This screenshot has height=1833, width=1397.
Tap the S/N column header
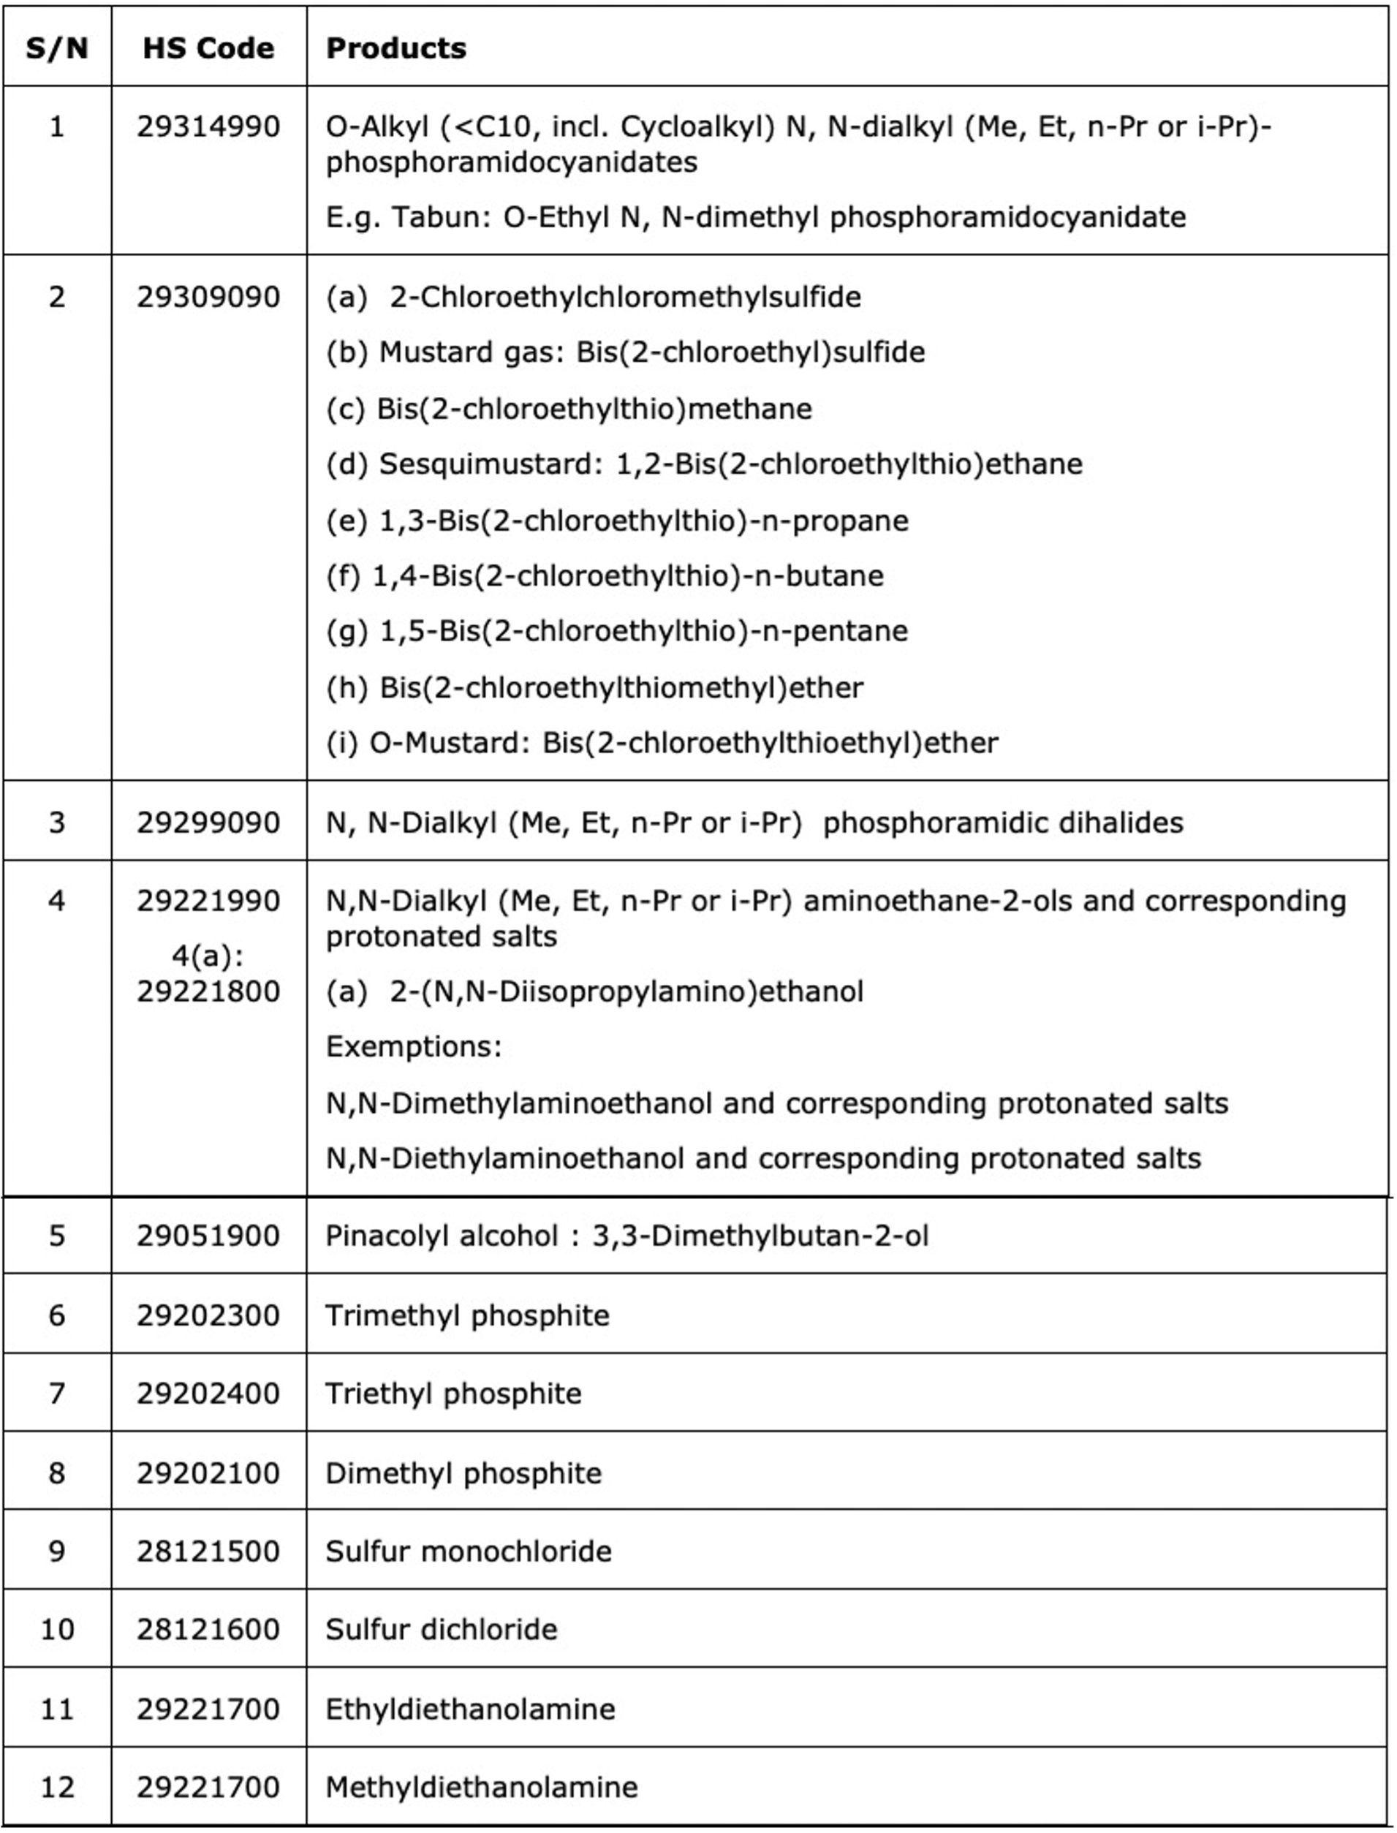click(56, 48)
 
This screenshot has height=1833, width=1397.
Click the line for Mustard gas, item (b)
click(625, 352)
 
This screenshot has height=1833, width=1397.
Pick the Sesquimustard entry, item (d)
click(704, 464)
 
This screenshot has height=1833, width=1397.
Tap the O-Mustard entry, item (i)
click(662, 743)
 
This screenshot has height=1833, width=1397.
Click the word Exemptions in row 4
click(413, 1046)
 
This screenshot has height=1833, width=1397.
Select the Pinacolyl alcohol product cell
click(626, 1236)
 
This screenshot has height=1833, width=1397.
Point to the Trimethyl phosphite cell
click(466, 1315)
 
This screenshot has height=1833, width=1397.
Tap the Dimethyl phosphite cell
click(463, 1473)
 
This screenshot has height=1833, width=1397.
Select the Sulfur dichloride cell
click(441, 1629)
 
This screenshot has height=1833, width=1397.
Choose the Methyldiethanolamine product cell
click(482, 1787)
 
